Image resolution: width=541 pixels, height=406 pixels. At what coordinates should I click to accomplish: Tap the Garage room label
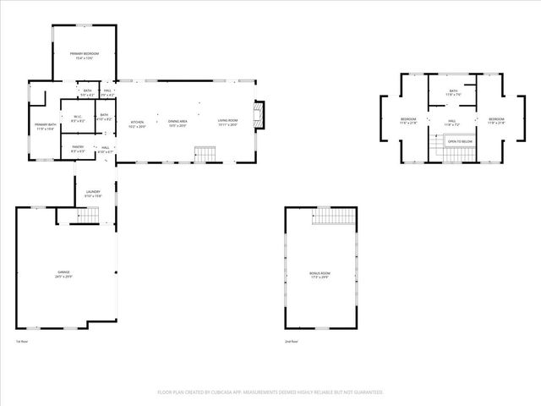click(64, 273)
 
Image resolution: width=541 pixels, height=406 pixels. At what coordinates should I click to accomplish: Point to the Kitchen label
click(137, 122)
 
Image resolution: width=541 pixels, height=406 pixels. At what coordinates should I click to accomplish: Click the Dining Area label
click(177, 122)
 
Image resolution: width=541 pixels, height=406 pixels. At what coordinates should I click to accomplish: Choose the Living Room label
click(227, 122)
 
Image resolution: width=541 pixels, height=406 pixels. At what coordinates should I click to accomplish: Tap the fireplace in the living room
click(260, 114)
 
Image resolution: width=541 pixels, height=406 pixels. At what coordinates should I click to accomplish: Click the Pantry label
click(77, 149)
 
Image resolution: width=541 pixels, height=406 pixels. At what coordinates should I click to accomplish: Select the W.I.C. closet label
click(76, 118)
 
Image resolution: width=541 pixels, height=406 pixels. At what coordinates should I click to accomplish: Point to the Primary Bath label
click(45, 125)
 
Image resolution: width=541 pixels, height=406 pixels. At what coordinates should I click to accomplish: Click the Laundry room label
click(93, 192)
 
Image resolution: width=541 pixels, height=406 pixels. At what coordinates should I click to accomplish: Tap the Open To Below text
click(459, 141)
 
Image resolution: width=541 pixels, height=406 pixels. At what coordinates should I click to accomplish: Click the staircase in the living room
click(205, 154)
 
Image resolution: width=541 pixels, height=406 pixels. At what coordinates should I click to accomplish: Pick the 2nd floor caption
click(291, 341)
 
